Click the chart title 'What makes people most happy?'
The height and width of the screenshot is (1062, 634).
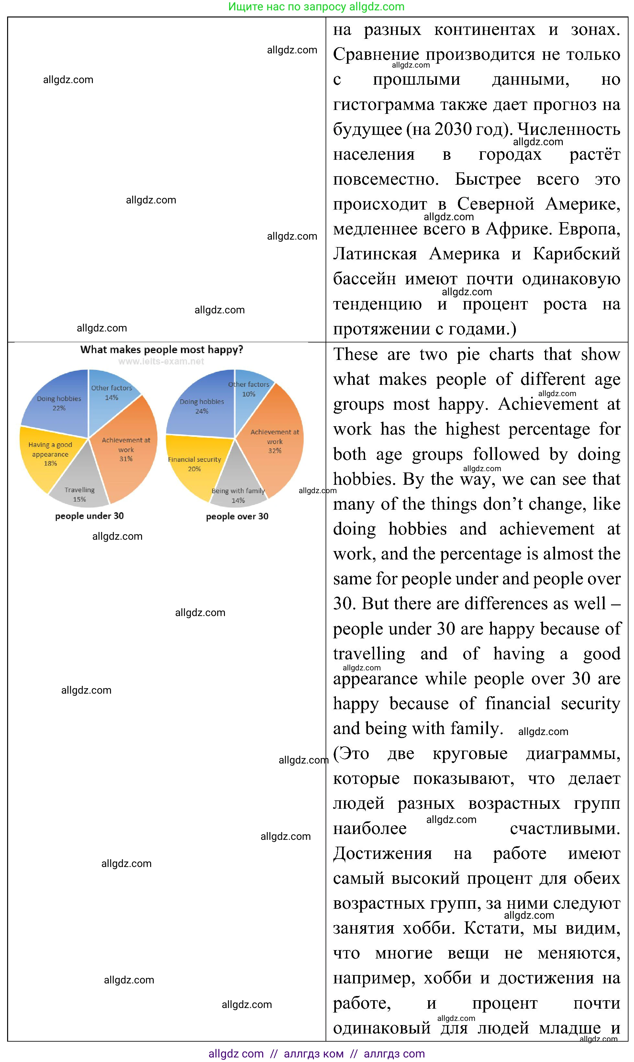click(x=161, y=350)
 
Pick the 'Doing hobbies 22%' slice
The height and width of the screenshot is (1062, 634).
click(x=59, y=401)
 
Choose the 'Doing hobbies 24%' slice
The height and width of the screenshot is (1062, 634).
click(x=202, y=406)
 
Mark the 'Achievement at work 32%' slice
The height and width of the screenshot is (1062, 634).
click(x=275, y=442)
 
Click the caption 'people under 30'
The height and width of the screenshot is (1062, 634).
click(x=89, y=515)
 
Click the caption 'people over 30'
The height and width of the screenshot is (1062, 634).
click(x=237, y=516)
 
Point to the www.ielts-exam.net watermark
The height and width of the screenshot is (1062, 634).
click(x=161, y=362)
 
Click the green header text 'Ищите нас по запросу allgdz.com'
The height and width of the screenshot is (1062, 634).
click(x=316, y=7)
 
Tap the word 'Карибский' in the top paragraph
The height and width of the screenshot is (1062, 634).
click(x=576, y=254)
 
